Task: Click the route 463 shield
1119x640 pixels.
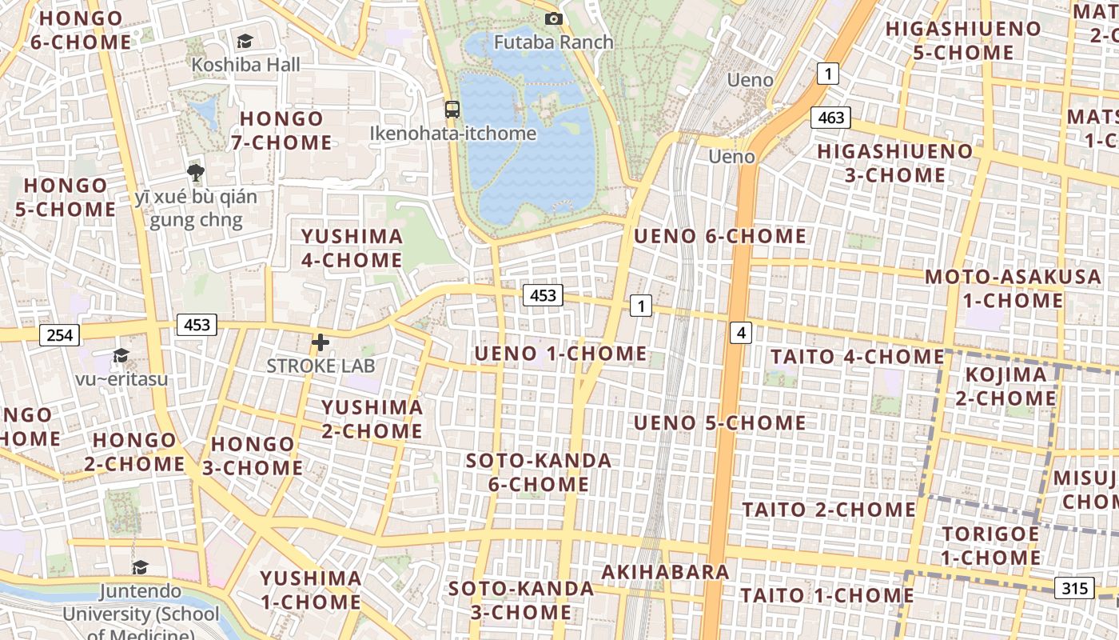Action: (x=831, y=118)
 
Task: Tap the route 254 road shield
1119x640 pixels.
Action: (x=60, y=334)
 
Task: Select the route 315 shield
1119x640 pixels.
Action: (x=1074, y=588)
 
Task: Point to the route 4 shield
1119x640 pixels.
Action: (x=742, y=331)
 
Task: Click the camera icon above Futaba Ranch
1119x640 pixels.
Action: (x=553, y=18)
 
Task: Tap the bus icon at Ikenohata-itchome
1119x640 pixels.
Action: (x=452, y=110)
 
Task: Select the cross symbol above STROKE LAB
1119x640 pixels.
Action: (x=321, y=342)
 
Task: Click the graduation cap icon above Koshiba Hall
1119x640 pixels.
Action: (x=245, y=41)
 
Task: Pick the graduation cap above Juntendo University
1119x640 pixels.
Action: (x=140, y=567)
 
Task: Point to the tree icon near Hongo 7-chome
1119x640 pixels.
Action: (x=195, y=172)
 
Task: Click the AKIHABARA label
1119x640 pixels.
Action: (x=665, y=572)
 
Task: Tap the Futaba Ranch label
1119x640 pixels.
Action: (x=553, y=42)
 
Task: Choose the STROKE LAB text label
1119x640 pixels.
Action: (x=321, y=366)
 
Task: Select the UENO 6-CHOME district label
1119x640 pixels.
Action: (x=720, y=236)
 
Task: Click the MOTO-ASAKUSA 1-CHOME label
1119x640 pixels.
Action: (x=1013, y=289)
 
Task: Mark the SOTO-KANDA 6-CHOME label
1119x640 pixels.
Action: (x=539, y=472)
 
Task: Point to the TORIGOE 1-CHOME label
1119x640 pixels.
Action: (x=990, y=546)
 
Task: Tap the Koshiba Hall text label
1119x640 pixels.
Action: (x=245, y=64)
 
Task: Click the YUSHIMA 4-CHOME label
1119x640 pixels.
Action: (x=352, y=248)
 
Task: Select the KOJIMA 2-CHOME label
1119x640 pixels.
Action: (x=1006, y=386)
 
